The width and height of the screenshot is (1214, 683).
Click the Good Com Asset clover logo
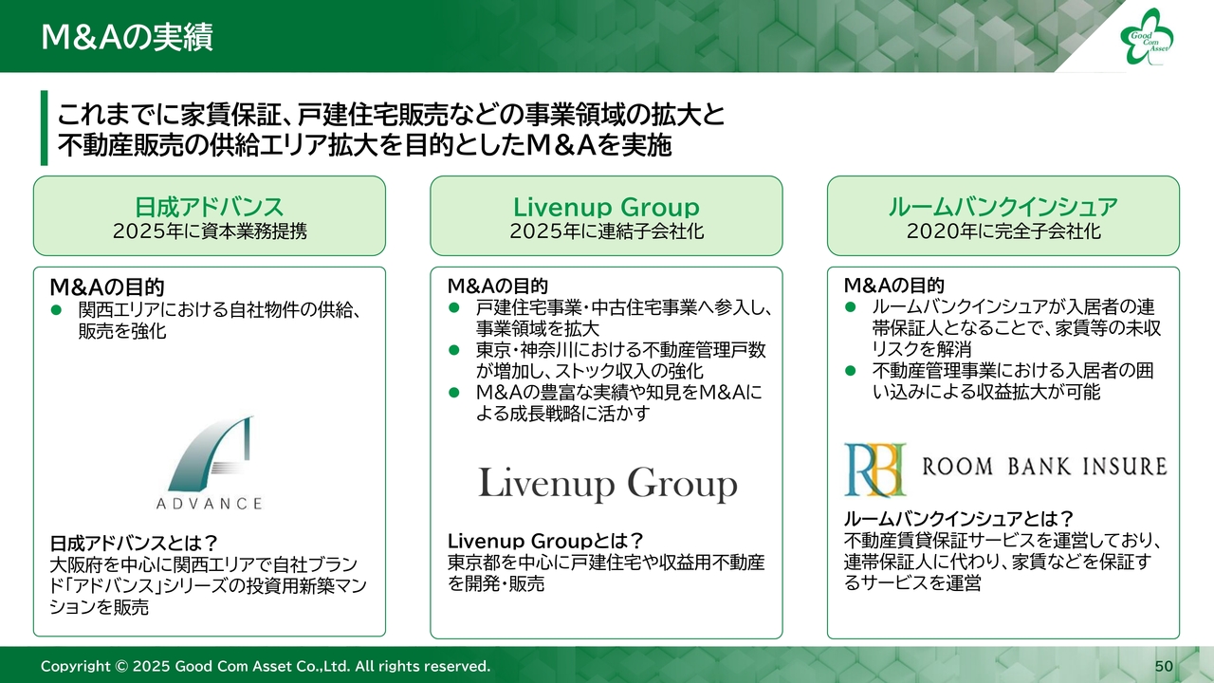1147,37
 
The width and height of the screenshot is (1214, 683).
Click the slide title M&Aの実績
127,37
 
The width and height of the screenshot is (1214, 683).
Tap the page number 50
1164,666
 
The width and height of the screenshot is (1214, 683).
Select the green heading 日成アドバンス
210,207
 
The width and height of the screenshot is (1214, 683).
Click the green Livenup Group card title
606,207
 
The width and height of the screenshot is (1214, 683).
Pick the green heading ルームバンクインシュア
1002,207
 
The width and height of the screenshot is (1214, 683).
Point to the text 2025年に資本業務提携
210,231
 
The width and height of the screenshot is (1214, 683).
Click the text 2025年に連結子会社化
606,231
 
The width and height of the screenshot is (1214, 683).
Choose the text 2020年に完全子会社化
1003,231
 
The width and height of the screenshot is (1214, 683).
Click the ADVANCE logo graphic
210,462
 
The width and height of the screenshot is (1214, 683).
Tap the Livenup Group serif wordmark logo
608,484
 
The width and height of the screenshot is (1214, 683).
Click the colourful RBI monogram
874,470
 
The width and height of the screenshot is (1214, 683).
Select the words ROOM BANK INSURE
1044,466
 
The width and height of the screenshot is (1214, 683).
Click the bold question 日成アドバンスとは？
134,543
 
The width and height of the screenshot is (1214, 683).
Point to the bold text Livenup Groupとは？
545,541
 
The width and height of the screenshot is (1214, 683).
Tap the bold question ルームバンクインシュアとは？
959,519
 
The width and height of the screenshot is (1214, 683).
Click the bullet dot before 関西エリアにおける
56,309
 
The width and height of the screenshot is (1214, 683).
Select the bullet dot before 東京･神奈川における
454,350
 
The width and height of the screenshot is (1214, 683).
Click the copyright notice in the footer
266,666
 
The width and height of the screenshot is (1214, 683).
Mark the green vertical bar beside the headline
44,128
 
